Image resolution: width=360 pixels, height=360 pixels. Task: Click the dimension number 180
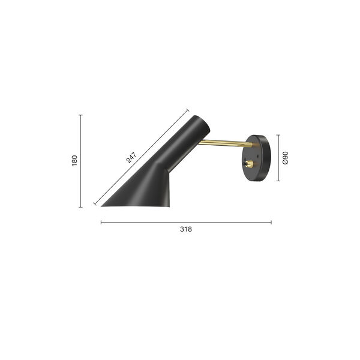click(x=75, y=161)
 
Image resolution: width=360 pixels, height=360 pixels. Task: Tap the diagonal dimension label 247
click(x=132, y=157)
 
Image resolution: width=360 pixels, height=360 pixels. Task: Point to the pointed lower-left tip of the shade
click(x=101, y=206)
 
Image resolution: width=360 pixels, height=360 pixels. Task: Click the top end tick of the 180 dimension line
click(x=81, y=115)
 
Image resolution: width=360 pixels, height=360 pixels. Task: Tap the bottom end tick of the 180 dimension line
click(x=81, y=207)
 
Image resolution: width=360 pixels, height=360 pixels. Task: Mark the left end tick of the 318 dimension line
click(x=101, y=222)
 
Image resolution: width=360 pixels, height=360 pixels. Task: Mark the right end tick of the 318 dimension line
click(x=271, y=222)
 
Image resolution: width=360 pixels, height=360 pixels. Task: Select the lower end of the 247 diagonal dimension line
click(x=94, y=205)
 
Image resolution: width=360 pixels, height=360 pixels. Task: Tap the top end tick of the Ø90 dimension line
click(x=278, y=135)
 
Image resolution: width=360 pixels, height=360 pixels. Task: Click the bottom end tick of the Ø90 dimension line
click(x=278, y=181)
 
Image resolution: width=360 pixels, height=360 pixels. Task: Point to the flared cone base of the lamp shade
click(x=144, y=192)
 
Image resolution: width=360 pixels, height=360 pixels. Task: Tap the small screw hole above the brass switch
click(x=248, y=152)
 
